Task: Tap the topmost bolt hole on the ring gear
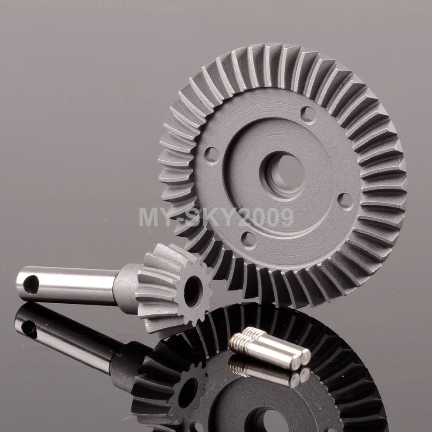[x=308, y=114]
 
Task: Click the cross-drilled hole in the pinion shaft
[x=31, y=286]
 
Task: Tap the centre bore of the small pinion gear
[x=193, y=292]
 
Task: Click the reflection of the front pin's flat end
[x=294, y=380]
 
